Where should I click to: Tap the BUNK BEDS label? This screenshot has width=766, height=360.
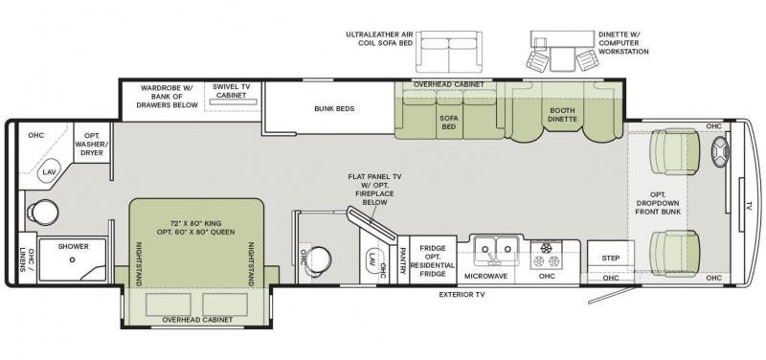(334, 109)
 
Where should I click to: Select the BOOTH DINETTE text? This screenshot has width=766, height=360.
(562, 115)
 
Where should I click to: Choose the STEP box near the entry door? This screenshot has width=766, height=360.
(610, 259)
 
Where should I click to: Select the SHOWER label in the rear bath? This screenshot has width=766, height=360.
(73, 246)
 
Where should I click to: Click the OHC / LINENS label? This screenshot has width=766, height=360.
(26, 258)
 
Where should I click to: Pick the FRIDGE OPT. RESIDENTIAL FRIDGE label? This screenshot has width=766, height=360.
(432, 260)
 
